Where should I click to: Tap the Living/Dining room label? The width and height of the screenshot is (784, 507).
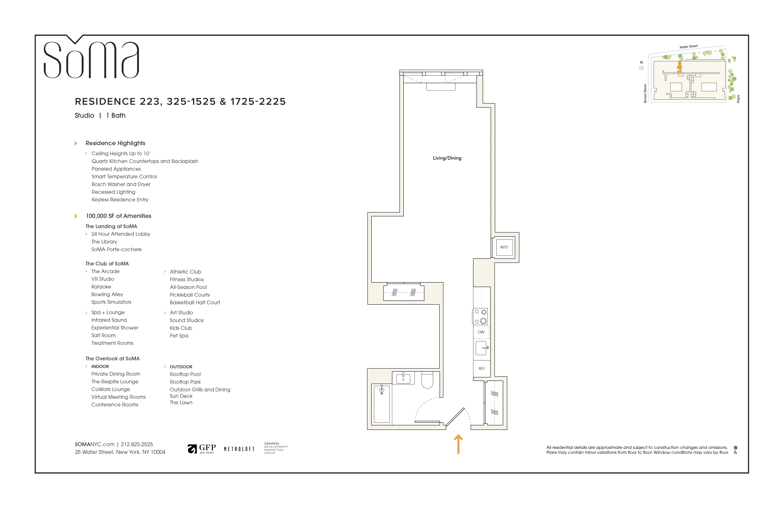(447, 158)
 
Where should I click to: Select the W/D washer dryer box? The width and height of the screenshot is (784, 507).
(504, 247)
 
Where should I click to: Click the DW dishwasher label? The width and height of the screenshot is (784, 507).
(481, 332)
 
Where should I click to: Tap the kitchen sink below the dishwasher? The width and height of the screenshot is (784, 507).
(481, 348)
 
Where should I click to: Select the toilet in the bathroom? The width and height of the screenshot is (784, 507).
(427, 380)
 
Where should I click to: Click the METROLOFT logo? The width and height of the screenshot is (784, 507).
(239, 449)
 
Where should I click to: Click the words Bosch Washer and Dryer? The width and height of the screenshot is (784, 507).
(121, 184)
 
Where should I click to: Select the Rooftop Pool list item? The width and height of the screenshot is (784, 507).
(185, 374)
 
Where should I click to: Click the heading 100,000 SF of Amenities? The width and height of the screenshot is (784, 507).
(119, 216)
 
